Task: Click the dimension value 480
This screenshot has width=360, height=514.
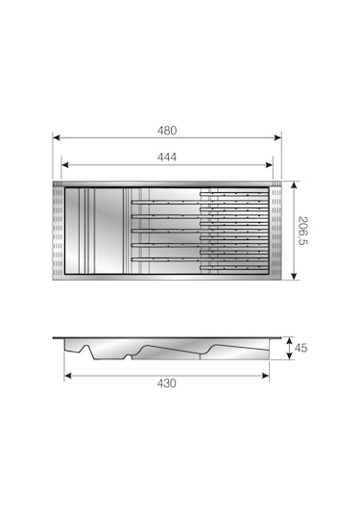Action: [169, 130]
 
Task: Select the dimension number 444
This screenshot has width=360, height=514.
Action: [169, 157]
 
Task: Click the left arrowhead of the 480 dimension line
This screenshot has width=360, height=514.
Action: [55, 137]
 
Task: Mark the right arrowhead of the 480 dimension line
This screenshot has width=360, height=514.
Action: [280, 137]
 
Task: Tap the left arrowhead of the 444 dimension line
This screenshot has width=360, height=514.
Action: [64, 165]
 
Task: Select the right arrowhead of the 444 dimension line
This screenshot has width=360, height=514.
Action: [272, 165]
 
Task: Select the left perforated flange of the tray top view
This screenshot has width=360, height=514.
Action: [59, 232]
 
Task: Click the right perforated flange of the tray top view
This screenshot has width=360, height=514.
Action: [277, 232]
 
